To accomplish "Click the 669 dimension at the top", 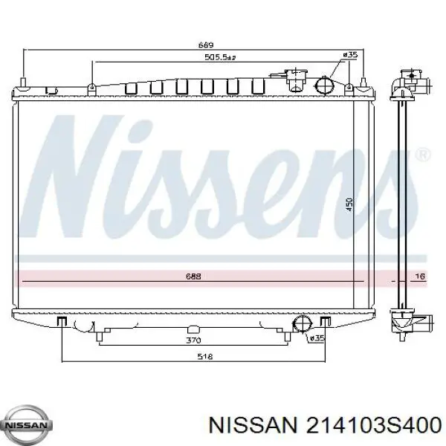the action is tap(205, 45).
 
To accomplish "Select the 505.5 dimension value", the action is tap(220, 57).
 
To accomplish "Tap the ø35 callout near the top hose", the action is tap(349, 54).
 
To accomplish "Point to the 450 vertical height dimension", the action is tap(349, 204).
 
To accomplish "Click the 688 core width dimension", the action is tap(193, 276).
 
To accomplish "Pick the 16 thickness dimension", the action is tap(421, 276).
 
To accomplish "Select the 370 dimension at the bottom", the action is tap(193, 340).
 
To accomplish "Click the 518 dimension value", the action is tap(205, 356).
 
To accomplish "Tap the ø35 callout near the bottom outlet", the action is tap(317, 338).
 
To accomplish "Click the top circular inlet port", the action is tap(325, 85).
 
